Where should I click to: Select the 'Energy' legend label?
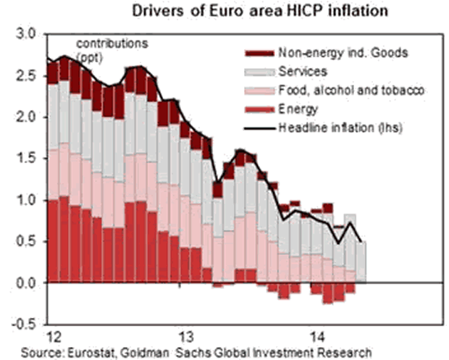[298, 109]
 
